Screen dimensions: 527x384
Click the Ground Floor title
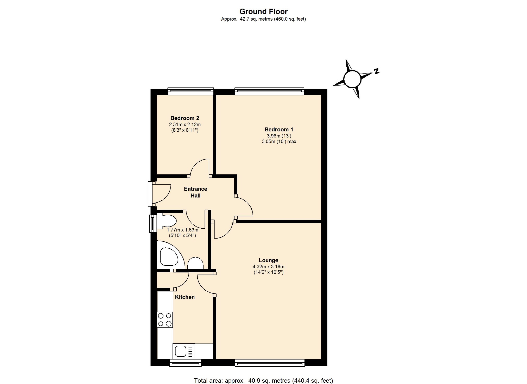[x=263, y=12]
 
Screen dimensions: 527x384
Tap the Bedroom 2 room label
[x=185, y=118]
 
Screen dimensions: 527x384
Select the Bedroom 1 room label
[x=279, y=130]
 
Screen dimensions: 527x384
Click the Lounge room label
[x=268, y=260]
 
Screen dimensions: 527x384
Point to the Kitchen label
[x=185, y=297]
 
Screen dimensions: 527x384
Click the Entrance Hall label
[x=195, y=192]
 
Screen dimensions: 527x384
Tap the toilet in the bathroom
[x=167, y=221]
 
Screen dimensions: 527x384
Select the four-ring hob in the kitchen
[x=165, y=320]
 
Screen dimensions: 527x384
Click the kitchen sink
[x=184, y=351]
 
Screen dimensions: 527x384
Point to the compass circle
[x=352, y=79]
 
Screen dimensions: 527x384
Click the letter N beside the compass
[x=376, y=71]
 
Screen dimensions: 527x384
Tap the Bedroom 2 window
[x=191, y=91]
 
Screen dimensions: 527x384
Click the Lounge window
[x=270, y=363]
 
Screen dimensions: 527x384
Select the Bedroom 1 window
[x=269, y=91]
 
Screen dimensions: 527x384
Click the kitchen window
[x=185, y=363]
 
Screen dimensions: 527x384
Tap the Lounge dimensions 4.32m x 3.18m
[x=268, y=267]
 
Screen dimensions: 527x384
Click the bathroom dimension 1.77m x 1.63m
[x=182, y=230]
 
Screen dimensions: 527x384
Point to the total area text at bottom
[x=263, y=381]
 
